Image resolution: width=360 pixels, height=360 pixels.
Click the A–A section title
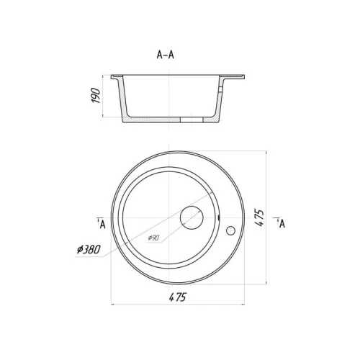pos(165,55)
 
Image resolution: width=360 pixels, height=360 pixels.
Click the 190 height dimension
pos(96,96)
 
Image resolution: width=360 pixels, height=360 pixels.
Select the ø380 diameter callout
pos(89,250)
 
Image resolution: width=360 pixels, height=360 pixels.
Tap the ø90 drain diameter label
pos(153,238)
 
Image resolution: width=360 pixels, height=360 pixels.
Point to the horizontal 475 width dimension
pos(178,297)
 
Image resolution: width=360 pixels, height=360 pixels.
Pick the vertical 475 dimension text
pos(259,218)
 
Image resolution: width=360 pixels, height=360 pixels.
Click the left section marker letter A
pos(102,225)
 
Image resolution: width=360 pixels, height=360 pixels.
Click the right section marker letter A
pos(282,224)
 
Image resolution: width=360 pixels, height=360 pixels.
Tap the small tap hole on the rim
pos(230,230)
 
